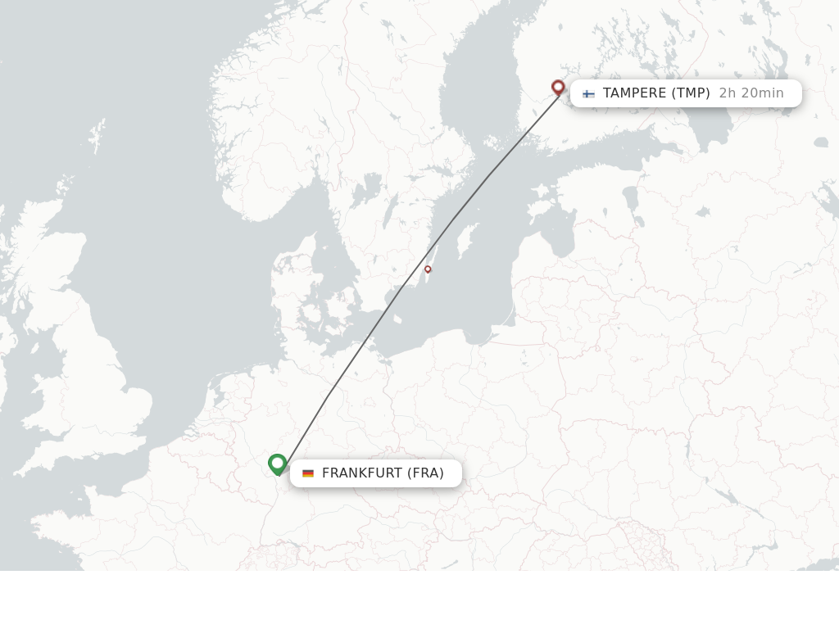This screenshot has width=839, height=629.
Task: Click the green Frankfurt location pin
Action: tap(277, 464)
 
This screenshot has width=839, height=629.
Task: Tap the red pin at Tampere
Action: tap(558, 87)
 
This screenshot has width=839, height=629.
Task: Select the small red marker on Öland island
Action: tap(428, 269)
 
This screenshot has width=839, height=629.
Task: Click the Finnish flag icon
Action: tap(588, 93)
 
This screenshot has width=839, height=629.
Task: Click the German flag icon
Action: tap(308, 473)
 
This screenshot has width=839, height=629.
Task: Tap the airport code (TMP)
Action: tap(691, 93)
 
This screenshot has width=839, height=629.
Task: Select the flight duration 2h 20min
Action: tap(751, 93)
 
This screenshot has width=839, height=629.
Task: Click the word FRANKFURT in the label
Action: tap(362, 473)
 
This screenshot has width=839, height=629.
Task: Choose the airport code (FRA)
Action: tap(425, 473)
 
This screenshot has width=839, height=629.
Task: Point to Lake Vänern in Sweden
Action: tap(365, 190)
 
